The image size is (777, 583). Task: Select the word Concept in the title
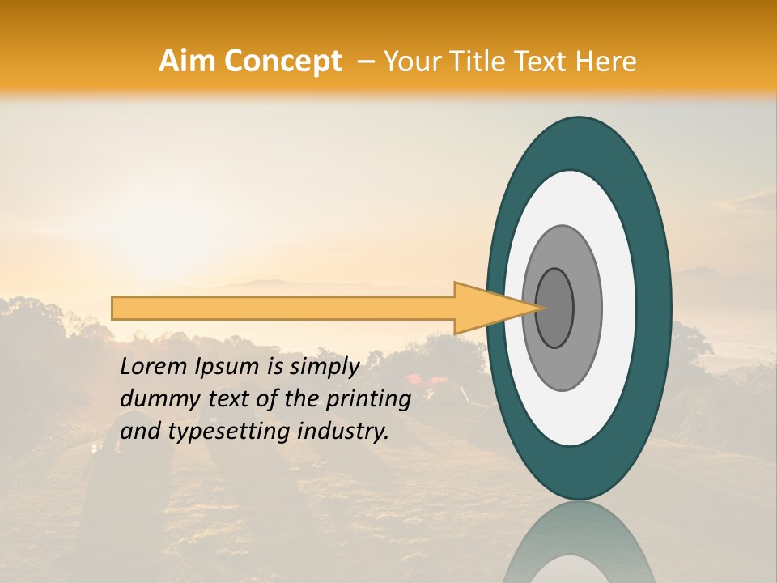[282, 62]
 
